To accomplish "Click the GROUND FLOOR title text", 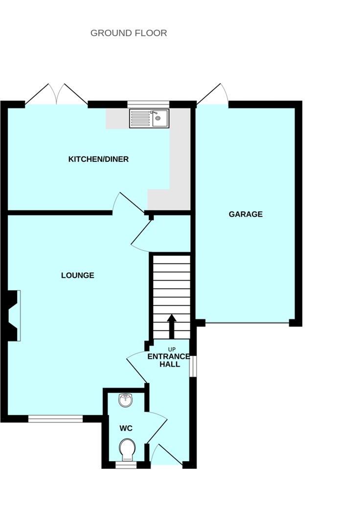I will pyautogui.click(x=129, y=33).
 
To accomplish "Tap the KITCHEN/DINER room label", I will pyautogui.click(x=98, y=159).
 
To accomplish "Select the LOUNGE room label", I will pyautogui.click(x=77, y=275).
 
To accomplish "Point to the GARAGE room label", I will pyautogui.click(x=246, y=214).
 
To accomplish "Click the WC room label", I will pyautogui.click(x=126, y=428).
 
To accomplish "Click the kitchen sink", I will pyautogui.click(x=149, y=118).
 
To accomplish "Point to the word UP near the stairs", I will pyautogui.click(x=172, y=349).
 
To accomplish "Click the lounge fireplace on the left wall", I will pyautogui.click(x=15, y=315).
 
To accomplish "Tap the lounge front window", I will pyautogui.click(x=55, y=418).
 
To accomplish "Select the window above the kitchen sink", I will pyautogui.click(x=148, y=104).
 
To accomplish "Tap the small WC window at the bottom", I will pyautogui.click(x=126, y=465).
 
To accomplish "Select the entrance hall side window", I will pyautogui.click(x=193, y=366).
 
